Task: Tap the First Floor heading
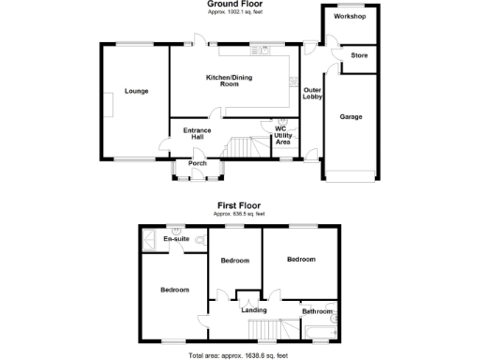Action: (x=237, y=204)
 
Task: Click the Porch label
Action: (x=198, y=163)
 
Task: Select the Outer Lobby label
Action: (x=312, y=93)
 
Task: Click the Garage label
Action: (x=351, y=116)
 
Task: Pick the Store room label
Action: (x=359, y=56)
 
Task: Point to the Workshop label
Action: (x=349, y=17)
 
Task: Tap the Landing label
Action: (x=254, y=309)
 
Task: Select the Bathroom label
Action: (x=317, y=310)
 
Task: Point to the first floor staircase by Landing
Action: (x=264, y=329)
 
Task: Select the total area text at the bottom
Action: (x=237, y=355)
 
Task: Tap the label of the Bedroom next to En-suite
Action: (x=174, y=290)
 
